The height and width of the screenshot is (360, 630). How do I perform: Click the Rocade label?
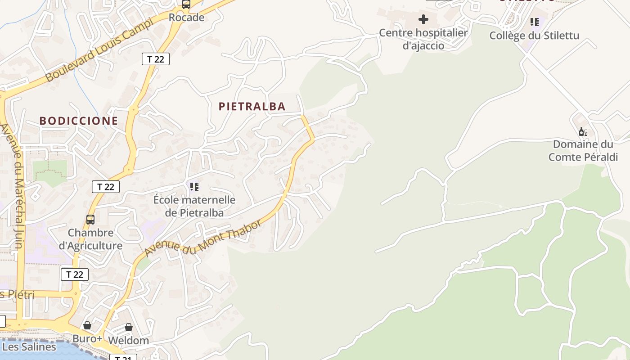(x=186, y=18)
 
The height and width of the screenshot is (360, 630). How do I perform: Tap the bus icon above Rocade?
(x=186, y=4)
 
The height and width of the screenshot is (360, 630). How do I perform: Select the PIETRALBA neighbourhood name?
(x=252, y=106)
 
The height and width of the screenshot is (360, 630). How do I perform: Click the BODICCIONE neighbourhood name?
(x=78, y=121)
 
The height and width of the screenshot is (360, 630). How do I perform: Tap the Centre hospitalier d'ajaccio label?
(x=423, y=39)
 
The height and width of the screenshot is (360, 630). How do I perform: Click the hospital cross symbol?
(x=423, y=19)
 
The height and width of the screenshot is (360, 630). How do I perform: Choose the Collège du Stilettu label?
(x=534, y=36)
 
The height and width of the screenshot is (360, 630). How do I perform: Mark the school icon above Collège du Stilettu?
(x=534, y=22)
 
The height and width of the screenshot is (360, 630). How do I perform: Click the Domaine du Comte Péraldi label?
(x=583, y=151)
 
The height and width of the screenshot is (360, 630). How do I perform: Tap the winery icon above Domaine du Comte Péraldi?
(x=583, y=132)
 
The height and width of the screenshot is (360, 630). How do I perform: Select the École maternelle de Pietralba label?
(x=194, y=206)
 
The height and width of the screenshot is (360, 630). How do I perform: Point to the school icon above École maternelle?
(x=194, y=186)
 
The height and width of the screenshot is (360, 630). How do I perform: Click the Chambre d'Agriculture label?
(x=90, y=239)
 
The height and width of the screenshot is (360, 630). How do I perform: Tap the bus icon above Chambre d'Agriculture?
(x=90, y=219)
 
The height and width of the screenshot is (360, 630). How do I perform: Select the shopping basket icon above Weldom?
(x=129, y=327)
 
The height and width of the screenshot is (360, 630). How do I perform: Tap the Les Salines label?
(x=29, y=347)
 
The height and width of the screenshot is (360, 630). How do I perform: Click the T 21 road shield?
(x=123, y=358)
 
